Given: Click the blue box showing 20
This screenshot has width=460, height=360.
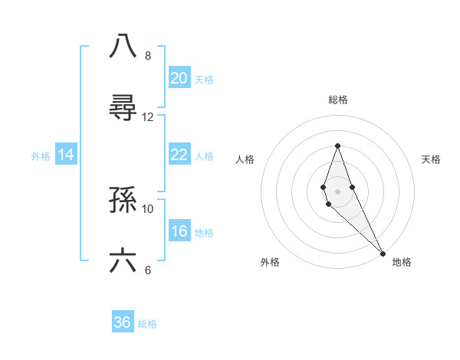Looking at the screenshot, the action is tap(179, 77).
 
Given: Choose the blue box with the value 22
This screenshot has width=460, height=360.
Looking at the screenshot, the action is tap(179, 155).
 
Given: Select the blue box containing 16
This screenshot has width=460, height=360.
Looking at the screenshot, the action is tap(179, 231).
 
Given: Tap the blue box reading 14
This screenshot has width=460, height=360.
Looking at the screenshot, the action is tap(67, 155).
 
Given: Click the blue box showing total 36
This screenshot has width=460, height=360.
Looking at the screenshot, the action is tap(123, 322).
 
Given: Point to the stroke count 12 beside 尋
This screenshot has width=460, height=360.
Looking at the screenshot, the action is tap(148, 117).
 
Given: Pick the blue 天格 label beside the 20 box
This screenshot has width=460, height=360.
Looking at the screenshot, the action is tap(203, 79).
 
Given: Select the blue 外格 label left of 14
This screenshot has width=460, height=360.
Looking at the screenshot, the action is tap(41, 155).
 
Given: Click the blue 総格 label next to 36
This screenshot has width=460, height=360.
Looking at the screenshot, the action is tap(147, 323).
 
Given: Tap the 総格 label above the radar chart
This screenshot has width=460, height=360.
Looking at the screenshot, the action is tap(338, 100).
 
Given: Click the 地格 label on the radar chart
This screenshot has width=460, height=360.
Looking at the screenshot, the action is tap(402, 262).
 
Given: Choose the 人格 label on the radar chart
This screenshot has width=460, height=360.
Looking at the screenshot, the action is tap(245, 159).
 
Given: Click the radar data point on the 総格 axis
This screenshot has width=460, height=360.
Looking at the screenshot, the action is tap(337, 146).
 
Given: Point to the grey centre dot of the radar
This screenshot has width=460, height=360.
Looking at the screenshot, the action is tap(337, 191).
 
